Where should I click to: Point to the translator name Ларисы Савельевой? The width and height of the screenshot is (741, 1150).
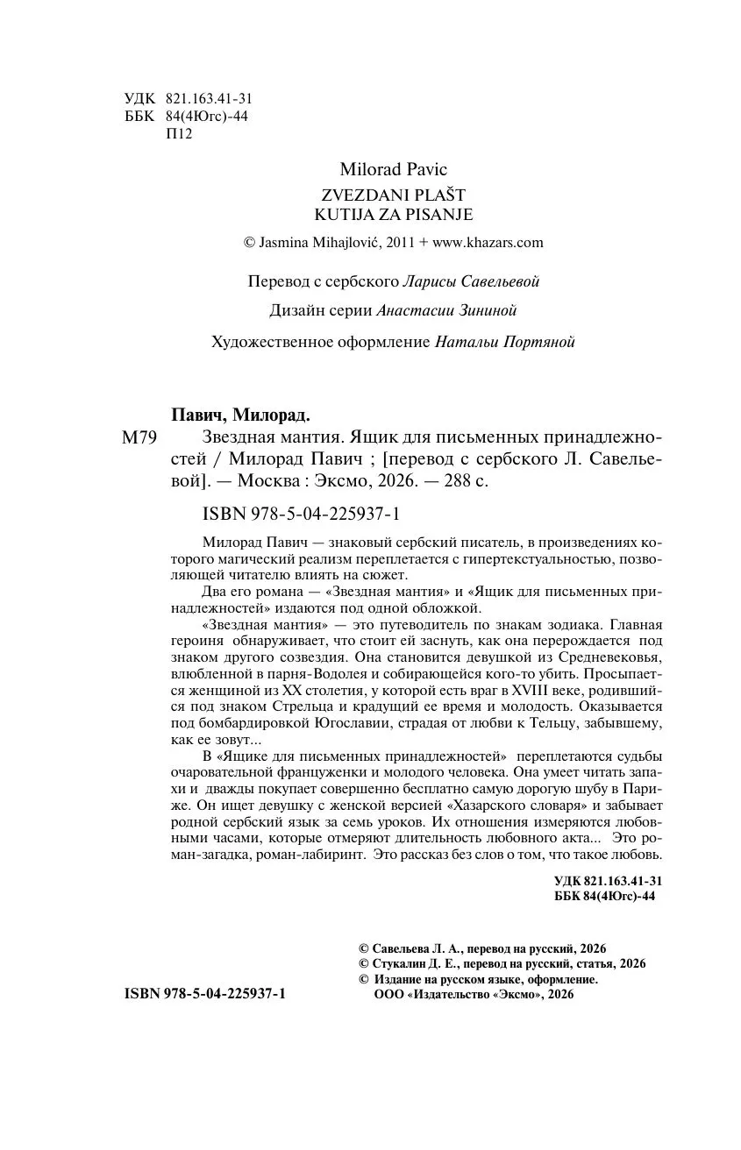point(470,281)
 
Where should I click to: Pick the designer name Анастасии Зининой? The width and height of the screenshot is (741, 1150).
point(446,310)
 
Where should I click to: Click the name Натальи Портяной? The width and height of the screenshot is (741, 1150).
point(504,342)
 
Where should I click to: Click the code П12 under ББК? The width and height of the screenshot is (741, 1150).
point(178,134)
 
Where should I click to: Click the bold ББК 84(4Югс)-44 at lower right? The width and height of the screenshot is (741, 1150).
point(605,895)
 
